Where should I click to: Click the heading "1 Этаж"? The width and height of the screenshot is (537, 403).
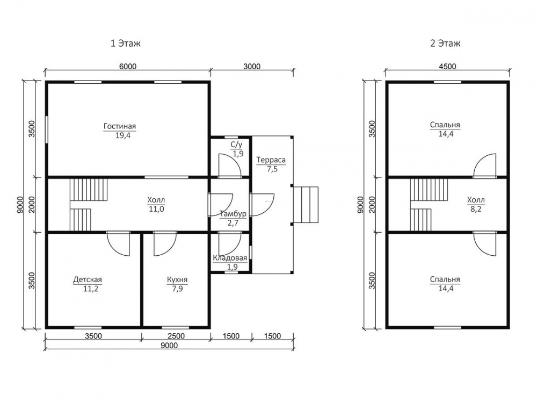pos(125,44)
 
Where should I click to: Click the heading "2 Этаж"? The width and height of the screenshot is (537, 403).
pos(445,44)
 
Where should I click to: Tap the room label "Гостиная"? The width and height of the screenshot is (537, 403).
pos(120,126)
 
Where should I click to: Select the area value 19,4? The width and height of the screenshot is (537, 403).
pos(122,135)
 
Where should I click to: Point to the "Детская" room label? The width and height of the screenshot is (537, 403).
pos(88,279)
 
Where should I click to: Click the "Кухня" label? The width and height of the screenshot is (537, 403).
pos(177,279)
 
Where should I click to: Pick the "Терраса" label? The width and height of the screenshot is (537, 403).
pos(271,160)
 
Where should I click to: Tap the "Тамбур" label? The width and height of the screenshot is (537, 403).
pos(233,214)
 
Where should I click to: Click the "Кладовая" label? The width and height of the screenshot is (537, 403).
pos(230,258)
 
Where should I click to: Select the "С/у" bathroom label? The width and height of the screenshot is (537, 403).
pos(236,145)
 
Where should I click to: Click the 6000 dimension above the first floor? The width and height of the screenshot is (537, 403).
pos(128,66)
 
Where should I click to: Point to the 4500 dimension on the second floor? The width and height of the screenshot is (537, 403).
pos(448,66)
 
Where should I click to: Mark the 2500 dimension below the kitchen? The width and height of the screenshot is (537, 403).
pos(176,336)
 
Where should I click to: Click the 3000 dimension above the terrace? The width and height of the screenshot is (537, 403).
pos(252,66)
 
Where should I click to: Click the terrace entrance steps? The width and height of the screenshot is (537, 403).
pos(306,205)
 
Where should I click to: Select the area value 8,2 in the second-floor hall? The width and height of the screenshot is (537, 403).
pos(476,208)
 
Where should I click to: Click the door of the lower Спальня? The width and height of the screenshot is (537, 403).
pos(484,243)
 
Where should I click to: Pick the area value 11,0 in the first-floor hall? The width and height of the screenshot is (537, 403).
pos(156,208)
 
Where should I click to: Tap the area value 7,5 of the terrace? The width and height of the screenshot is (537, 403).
pos(272,169)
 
